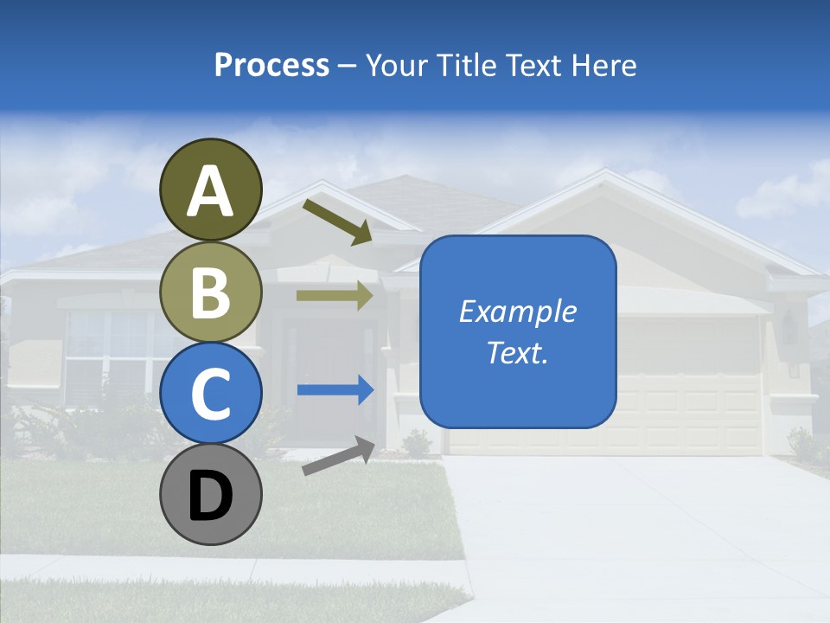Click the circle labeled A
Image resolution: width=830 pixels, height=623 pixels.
point(210,189)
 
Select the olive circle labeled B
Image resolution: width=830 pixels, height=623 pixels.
point(210,292)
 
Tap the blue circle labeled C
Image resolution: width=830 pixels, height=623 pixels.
point(210,393)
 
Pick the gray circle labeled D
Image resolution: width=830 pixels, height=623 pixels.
point(210,494)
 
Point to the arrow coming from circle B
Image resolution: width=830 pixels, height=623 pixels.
point(335,296)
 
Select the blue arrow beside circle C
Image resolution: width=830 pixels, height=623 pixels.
point(335,390)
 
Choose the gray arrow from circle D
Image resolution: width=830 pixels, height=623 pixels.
point(338,456)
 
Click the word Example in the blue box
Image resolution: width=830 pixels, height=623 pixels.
point(517,311)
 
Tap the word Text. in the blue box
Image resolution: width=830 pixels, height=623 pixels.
point(517,352)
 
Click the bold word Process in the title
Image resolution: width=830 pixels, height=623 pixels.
point(271,65)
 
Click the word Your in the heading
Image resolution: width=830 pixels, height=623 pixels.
point(395,65)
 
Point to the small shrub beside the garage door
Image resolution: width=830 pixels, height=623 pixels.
point(417,443)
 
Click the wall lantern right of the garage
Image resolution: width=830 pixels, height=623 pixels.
point(790,327)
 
